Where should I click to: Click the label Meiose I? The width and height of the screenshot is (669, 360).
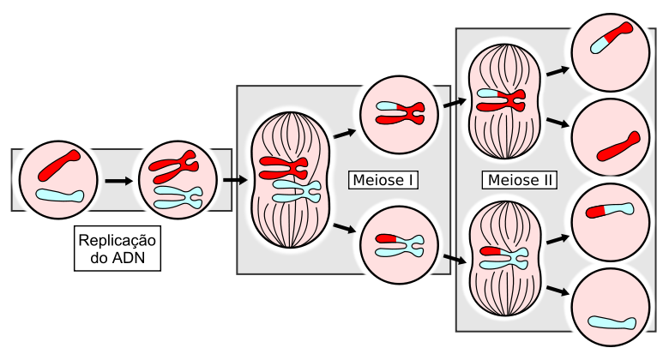[383, 180]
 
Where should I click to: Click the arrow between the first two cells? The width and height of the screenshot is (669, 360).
[118, 181]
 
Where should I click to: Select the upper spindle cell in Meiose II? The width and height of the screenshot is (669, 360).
[502, 102]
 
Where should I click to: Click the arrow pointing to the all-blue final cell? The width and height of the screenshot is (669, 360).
[557, 291]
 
